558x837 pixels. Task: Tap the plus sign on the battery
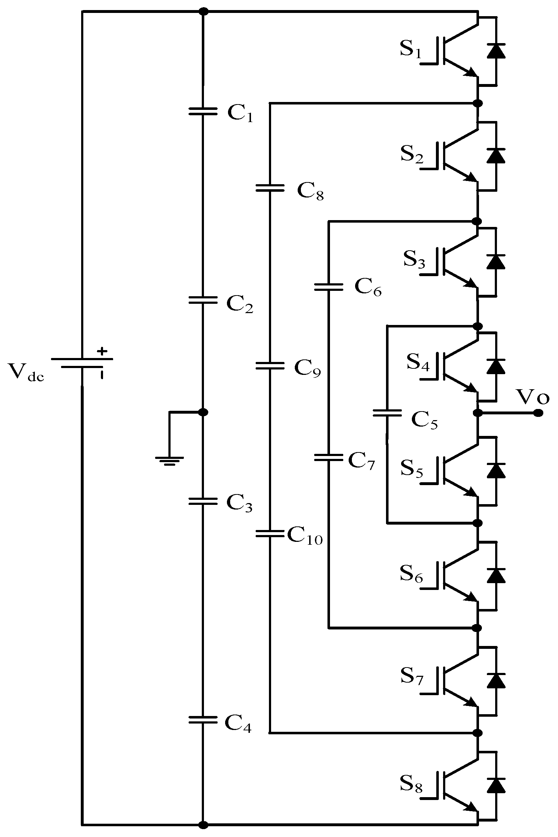click(103, 351)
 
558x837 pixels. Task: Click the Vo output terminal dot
click(538, 413)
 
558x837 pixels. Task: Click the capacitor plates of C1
click(203, 111)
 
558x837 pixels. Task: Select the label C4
click(238, 723)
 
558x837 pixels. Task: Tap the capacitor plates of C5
click(387, 413)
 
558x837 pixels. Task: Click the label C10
click(305, 538)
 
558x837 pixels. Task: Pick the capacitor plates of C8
click(270, 187)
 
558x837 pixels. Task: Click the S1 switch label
click(410, 50)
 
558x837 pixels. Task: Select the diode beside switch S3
click(496, 262)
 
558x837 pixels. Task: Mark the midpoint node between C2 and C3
click(203, 412)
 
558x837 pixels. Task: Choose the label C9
click(307, 368)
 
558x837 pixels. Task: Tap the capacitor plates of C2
click(203, 300)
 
